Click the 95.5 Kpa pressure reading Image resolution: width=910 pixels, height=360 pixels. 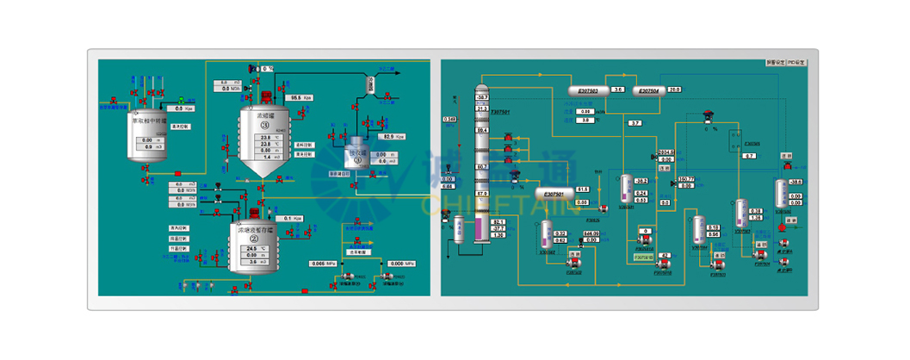295,98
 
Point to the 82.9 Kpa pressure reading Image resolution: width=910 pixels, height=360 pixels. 388,136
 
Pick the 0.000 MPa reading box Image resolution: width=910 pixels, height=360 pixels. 397,264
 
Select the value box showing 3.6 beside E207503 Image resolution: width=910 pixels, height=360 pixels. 617,90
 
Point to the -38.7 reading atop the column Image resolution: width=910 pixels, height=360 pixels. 482,97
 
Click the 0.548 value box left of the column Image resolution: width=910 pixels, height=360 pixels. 449,119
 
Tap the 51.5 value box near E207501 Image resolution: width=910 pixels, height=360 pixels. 582,189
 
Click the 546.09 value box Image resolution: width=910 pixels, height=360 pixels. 591,233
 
